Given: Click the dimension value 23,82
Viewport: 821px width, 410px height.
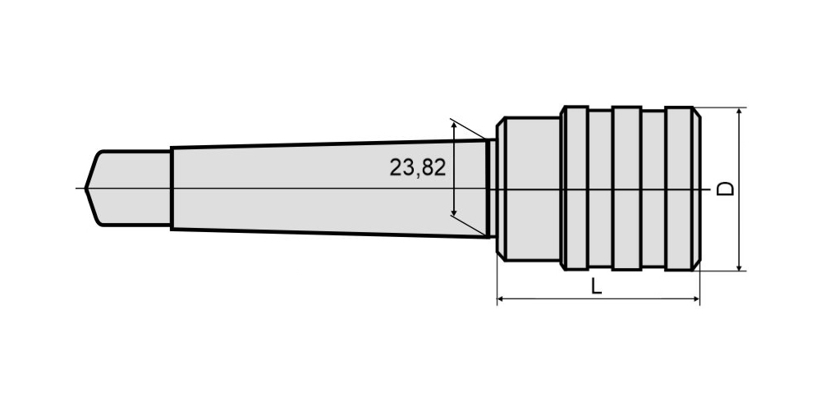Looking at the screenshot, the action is [417, 167].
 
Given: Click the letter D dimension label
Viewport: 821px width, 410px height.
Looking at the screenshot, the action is [725, 189].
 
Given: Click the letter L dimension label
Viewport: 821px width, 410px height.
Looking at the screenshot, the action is [596, 286].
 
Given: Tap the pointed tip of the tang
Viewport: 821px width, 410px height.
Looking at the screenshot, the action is [85, 189].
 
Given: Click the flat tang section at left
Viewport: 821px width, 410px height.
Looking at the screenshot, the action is [128, 189].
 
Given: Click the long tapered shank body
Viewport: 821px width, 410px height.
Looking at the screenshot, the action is [329, 189].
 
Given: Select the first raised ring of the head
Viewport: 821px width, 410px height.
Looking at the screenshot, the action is [575, 189].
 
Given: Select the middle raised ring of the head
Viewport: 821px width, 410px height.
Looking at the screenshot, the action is [626, 189].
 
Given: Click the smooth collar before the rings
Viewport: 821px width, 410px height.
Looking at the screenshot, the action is [528, 189].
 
